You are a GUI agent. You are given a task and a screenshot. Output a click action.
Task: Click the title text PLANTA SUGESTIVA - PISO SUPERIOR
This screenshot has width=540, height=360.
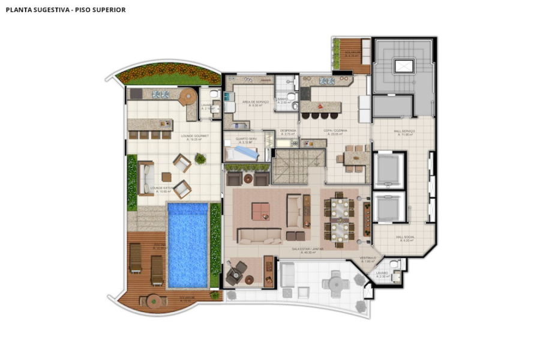coord(65,10)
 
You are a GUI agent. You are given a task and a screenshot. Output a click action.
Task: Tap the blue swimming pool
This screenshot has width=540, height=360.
coord(188,244)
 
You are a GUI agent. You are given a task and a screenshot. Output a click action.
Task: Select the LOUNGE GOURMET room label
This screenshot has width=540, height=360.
coord(195,136)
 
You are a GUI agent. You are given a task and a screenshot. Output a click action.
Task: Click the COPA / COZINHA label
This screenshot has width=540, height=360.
coord(335,130)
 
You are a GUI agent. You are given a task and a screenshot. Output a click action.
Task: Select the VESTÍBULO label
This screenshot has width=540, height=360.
coord(368,259)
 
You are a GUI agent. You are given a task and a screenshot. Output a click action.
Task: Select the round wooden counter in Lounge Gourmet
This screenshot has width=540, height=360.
coord(188,96)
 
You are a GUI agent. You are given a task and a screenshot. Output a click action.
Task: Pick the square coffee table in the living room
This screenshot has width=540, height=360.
coord(260,211)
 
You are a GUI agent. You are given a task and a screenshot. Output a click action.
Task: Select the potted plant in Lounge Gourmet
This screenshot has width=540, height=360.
coord(200,158)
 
